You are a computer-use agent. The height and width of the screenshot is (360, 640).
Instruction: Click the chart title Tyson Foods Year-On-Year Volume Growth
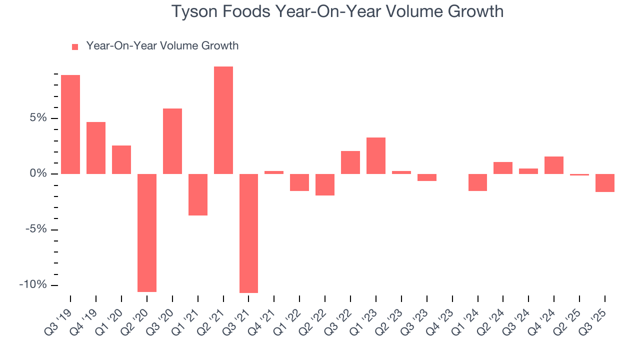[337, 11]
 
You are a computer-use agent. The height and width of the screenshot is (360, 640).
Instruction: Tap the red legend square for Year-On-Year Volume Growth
[75, 47]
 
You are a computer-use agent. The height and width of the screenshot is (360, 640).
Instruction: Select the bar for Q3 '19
[70, 124]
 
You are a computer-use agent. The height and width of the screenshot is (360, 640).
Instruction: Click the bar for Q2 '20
[147, 232]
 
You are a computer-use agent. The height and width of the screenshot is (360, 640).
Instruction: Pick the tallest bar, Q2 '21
[223, 120]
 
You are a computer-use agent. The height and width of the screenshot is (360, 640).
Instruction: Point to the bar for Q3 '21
[248, 233]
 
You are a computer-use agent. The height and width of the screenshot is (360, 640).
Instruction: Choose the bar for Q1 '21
[198, 194]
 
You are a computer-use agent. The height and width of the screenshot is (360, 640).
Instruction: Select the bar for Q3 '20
[172, 141]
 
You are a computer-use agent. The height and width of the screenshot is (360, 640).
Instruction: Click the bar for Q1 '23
[376, 155]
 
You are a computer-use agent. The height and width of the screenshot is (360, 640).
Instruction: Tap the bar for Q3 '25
[605, 183]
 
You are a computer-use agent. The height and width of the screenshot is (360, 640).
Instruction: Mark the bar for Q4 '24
[554, 165]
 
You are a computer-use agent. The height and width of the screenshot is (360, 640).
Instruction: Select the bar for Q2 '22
[325, 184]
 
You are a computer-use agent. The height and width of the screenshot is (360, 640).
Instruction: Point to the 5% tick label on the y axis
[38, 118]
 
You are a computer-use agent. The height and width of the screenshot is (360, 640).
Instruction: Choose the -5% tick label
[36, 229]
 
